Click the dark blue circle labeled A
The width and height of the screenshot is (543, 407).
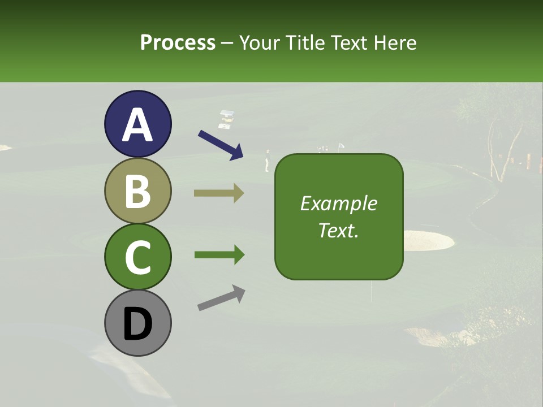pos(137,124)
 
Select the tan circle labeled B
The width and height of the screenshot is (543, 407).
pos(137,190)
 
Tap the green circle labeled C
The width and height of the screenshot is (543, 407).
pos(137,257)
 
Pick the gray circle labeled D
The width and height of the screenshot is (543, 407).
pos(137,323)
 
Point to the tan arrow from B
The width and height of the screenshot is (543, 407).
pos(219,193)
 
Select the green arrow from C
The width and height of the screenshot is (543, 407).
pos(219,255)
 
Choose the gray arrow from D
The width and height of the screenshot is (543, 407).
pos(221,298)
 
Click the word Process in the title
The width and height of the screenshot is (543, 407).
pos(178,42)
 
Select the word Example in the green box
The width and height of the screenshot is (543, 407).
pos(338,203)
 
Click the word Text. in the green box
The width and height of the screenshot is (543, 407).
pos(338,230)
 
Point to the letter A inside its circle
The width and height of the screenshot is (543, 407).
pos(137,125)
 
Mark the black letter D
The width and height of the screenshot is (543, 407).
pos(137,324)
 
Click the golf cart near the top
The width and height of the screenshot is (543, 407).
pos(227,119)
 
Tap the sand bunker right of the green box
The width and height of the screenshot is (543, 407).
pos(428,240)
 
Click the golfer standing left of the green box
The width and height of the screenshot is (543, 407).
pos(268,161)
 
